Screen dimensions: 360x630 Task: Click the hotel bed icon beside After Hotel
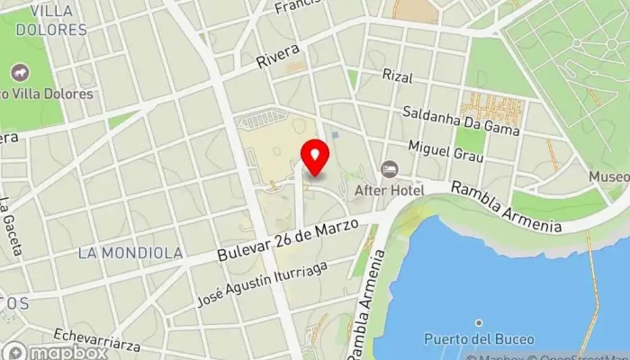389,169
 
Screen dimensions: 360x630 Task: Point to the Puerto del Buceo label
479,339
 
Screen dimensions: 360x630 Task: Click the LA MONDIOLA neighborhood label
130,253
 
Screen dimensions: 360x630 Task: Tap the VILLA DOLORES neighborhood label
51,20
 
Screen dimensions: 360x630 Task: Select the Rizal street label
397,75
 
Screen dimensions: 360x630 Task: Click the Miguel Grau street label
446,151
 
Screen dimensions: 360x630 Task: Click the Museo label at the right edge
609,177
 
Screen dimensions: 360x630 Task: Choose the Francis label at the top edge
299,6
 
